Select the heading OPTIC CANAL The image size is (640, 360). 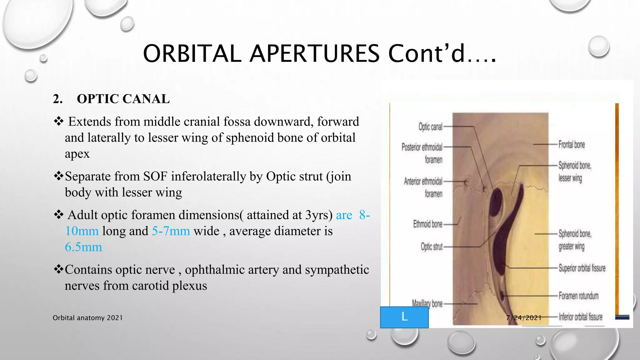pyautogui.click(x=123, y=99)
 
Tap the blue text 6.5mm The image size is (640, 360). pyautogui.click(x=83, y=247)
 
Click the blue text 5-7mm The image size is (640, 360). pyautogui.click(x=171, y=231)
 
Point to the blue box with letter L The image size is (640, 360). pyautogui.click(x=404, y=317)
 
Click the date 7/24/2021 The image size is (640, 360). pyautogui.click(x=524, y=318)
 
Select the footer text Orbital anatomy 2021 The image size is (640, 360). pyautogui.click(x=87, y=318)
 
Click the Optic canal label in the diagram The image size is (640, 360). pyautogui.click(x=430, y=127)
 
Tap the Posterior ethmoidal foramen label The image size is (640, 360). pyautogui.click(x=422, y=153)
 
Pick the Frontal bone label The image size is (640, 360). pyautogui.click(x=572, y=145)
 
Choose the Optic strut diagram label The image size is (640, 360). pyautogui.click(x=432, y=247)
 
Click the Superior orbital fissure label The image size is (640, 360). pyautogui.click(x=582, y=268)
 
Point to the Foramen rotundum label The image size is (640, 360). pyautogui.click(x=578, y=296)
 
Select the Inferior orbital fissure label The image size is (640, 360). pyautogui.click(x=581, y=317)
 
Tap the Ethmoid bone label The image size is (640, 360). pyautogui.click(x=427, y=224)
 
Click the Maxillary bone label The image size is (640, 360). pyautogui.click(x=427, y=303)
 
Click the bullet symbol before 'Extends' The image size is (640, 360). pyautogui.click(x=58, y=121)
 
